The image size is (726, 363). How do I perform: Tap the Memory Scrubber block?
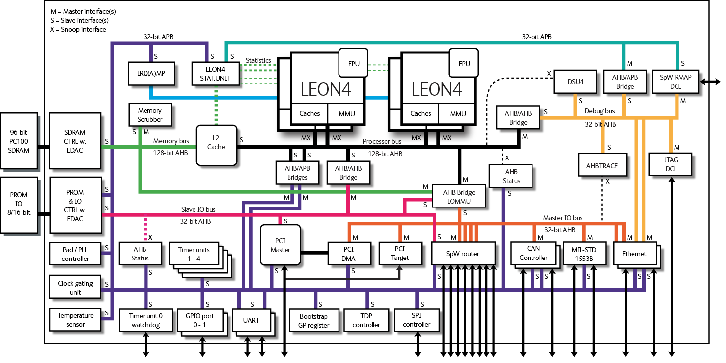[149, 115]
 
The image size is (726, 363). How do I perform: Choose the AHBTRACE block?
[601, 165]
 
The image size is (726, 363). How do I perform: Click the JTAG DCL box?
[671, 164]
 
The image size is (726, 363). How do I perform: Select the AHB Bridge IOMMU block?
[459, 197]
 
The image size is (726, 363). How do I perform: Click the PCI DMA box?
[349, 253]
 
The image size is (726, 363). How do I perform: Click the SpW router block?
[463, 254]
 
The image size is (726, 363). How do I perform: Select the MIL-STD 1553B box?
[584, 253]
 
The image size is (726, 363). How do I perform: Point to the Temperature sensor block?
[75, 320]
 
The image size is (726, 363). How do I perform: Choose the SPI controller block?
[416, 320]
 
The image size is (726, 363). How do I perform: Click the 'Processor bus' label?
[382, 141]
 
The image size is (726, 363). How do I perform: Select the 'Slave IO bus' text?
[197, 209]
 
